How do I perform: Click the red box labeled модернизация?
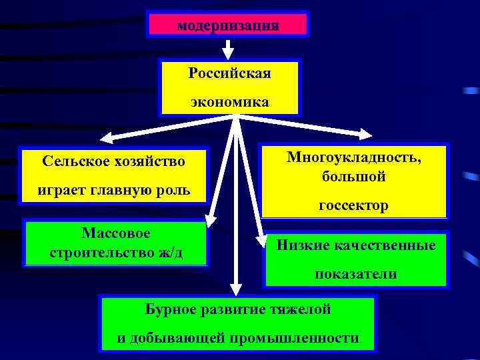227,25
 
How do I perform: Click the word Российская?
229,73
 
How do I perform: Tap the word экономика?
229,102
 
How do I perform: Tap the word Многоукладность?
353,157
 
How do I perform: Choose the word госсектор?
353,206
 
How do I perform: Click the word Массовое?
116,233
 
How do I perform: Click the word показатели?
356,274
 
